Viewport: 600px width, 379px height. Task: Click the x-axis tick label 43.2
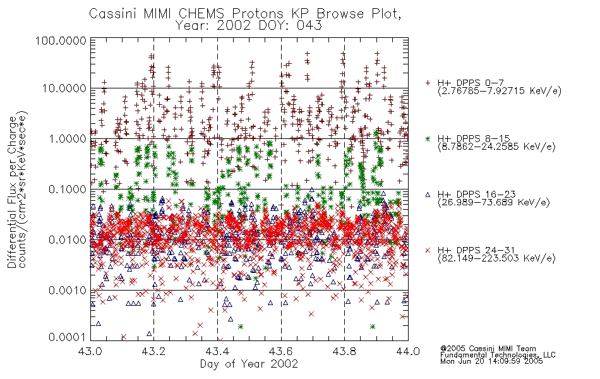tap(153, 351)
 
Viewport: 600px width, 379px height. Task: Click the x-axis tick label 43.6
tap(281, 351)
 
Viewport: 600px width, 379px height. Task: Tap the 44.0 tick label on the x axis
tap(408, 351)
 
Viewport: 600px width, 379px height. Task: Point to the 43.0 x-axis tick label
tap(90, 351)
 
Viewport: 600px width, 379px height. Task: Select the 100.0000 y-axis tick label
tap(61, 40)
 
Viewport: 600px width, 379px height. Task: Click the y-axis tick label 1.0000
tap(68, 138)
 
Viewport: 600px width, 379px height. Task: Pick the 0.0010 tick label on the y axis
tap(68, 291)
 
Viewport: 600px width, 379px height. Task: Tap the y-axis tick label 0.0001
tap(68, 337)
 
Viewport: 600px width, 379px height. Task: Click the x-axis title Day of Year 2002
tap(249, 364)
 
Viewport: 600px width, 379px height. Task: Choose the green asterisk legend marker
tap(428, 139)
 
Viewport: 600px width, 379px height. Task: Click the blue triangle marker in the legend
tap(428, 195)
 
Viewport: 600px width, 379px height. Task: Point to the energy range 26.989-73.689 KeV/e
tap(494, 203)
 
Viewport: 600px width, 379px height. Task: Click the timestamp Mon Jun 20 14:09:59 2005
tap(491, 361)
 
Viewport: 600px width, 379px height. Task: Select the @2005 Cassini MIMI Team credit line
tap(488, 349)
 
